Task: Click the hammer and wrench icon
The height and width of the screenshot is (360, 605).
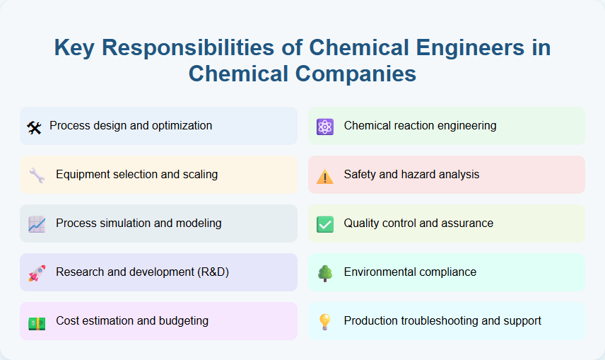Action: pyautogui.click(x=34, y=127)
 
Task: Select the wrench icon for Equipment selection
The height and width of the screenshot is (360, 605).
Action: pyautogui.click(x=37, y=175)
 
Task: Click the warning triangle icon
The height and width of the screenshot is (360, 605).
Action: pyautogui.click(x=325, y=176)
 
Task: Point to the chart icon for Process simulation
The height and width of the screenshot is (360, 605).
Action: pyautogui.click(x=37, y=224)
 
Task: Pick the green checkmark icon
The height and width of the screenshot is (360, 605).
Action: pyautogui.click(x=325, y=224)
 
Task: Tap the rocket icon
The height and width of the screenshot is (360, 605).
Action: pyautogui.click(x=37, y=273)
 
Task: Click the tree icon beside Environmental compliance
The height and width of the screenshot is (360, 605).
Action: pyautogui.click(x=325, y=273)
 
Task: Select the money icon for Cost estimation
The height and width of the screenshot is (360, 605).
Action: pyautogui.click(x=37, y=322)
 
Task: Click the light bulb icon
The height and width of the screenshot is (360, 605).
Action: pyautogui.click(x=325, y=322)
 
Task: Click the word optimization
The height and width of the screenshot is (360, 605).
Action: pyautogui.click(x=180, y=125)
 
